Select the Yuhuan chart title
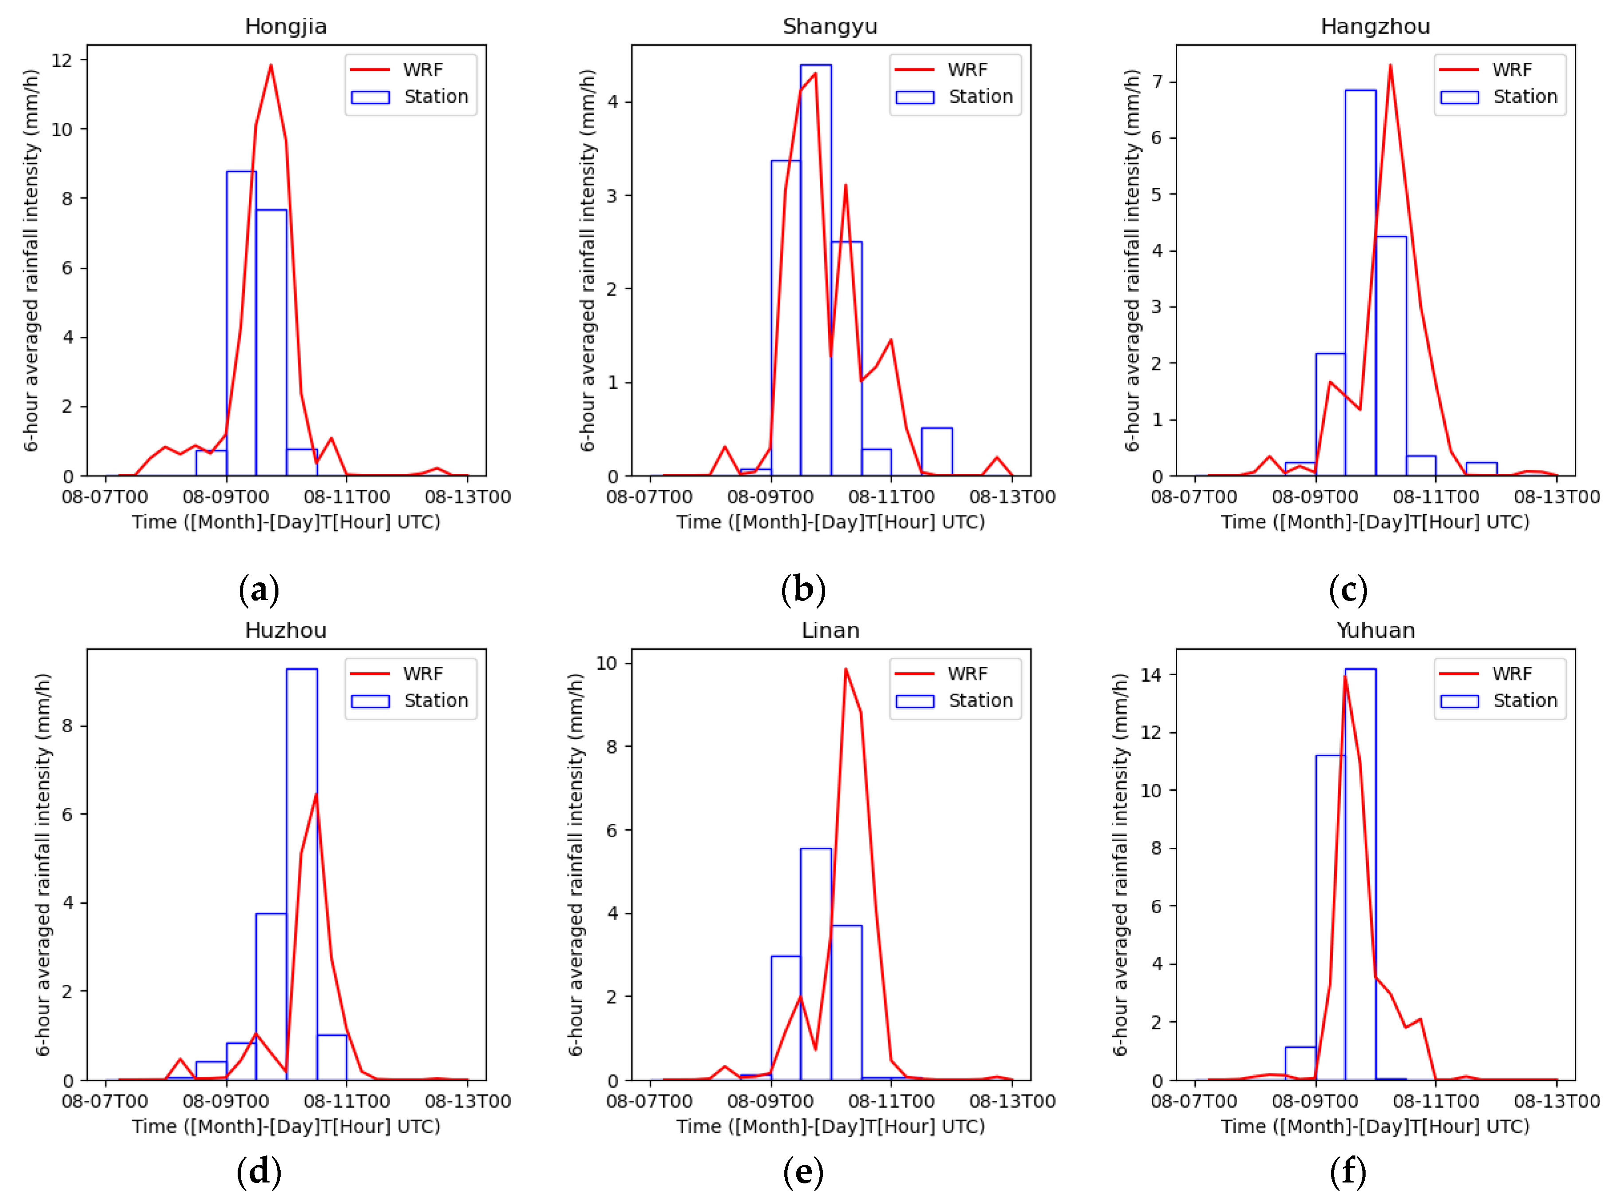point(1375,630)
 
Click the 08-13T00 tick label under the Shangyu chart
point(1012,497)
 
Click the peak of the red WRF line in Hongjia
point(271,66)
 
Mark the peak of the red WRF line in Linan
point(845,669)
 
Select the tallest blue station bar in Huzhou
point(301,873)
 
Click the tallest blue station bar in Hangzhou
point(1360,284)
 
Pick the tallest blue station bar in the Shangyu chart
point(815,269)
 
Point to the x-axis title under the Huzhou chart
point(286,1126)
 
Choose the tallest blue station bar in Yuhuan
point(1360,873)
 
